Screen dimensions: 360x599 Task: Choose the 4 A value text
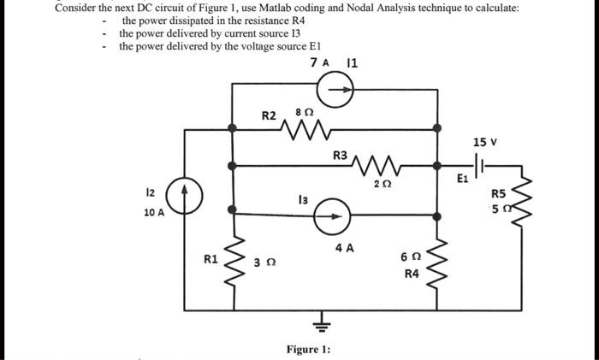pos(344,248)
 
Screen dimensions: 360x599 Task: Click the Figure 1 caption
pos(308,349)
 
